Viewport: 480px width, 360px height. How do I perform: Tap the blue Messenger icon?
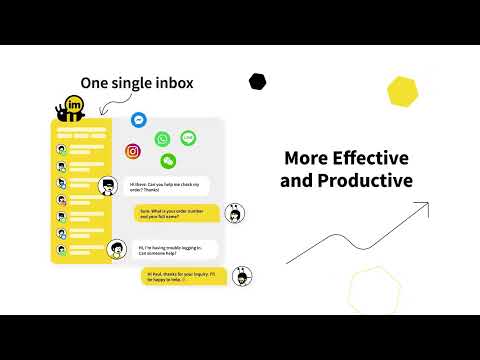(140, 120)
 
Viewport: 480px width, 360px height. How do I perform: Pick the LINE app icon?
(188, 138)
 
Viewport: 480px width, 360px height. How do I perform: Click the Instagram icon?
(133, 151)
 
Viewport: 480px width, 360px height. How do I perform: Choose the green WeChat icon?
(169, 159)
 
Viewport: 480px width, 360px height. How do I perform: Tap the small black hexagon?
(258, 80)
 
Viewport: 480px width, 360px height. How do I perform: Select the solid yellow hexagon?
(402, 91)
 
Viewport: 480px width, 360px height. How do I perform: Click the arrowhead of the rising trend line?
(424, 207)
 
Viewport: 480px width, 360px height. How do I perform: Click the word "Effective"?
(374, 158)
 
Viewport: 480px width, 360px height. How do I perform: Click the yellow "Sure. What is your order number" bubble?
(176, 213)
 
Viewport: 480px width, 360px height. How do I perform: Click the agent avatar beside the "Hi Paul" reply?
(241, 276)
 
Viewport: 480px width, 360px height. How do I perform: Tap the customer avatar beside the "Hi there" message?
(107, 185)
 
